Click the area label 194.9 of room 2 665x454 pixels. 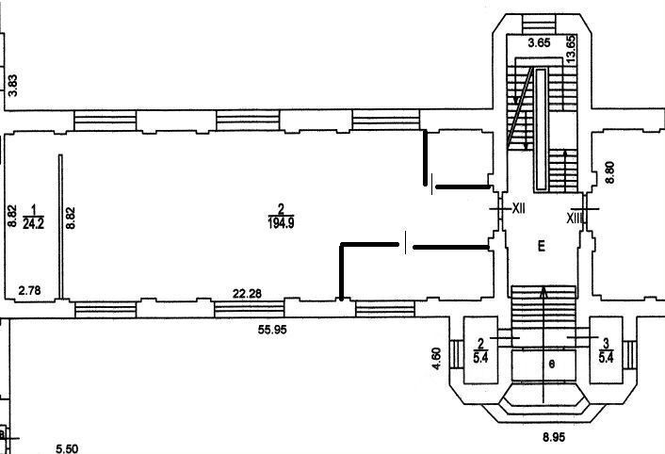pos(280,222)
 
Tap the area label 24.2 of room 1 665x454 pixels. pos(34,223)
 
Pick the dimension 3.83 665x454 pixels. pos(13,84)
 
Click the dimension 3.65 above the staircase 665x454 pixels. pos(539,42)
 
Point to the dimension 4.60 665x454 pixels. pos(436,358)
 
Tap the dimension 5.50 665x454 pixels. pos(65,449)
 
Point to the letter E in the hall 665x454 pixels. pos(541,247)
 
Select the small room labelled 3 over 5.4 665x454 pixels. pos(607,349)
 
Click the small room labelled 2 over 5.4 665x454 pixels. pos(480,349)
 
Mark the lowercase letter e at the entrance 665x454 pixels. pos(553,362)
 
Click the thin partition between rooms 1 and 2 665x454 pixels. pos(61,226)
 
